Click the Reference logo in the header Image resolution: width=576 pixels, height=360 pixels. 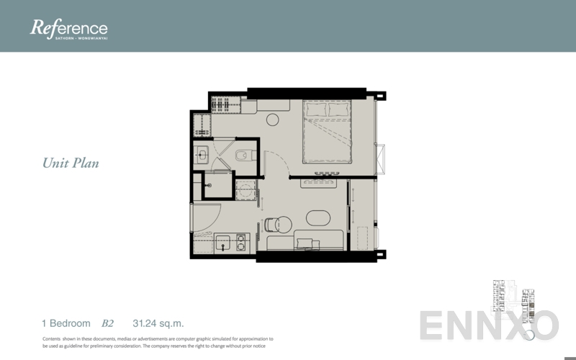pyautogui.click(x=68, y=29)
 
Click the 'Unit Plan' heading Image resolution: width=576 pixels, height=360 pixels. pyautogui.click(x=71, y=163)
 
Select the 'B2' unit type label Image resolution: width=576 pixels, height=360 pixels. pyautogui.click(x=108, y=323)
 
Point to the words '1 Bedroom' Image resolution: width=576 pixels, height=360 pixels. pyautogui.click(x=66, y=323)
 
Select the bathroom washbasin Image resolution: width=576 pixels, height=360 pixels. pyautogui.click(x=202, y=153)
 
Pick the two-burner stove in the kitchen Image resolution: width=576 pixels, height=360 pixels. pyautogui.click(x=241, y=242)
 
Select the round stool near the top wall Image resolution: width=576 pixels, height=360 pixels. pyautogui.click(x=273, y=121)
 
